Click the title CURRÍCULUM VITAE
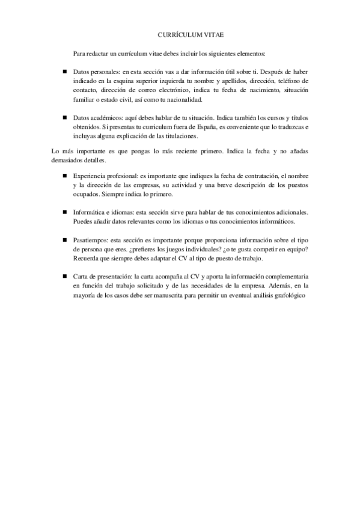coord(180,36)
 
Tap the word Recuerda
coord(88,259)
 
